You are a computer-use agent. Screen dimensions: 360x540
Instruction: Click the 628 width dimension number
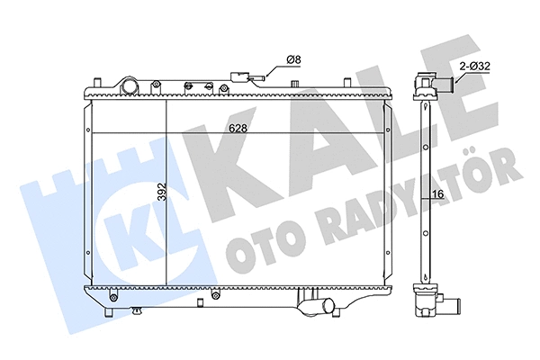tap(238, 129)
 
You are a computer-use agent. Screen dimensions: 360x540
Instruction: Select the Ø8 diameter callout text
tap(292, 60)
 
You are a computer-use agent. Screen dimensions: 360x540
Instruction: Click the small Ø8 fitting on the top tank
tap(244, 77)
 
